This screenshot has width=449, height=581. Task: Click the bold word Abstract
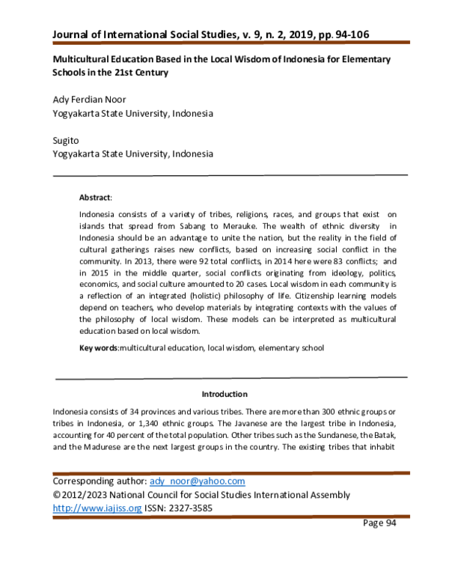pyautogui.click(x=94, y=198)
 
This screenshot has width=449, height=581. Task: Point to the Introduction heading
pyautogui.click(x=224, y=394)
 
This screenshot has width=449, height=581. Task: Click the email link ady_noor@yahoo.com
pyautogui.click(x=198, y=481)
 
